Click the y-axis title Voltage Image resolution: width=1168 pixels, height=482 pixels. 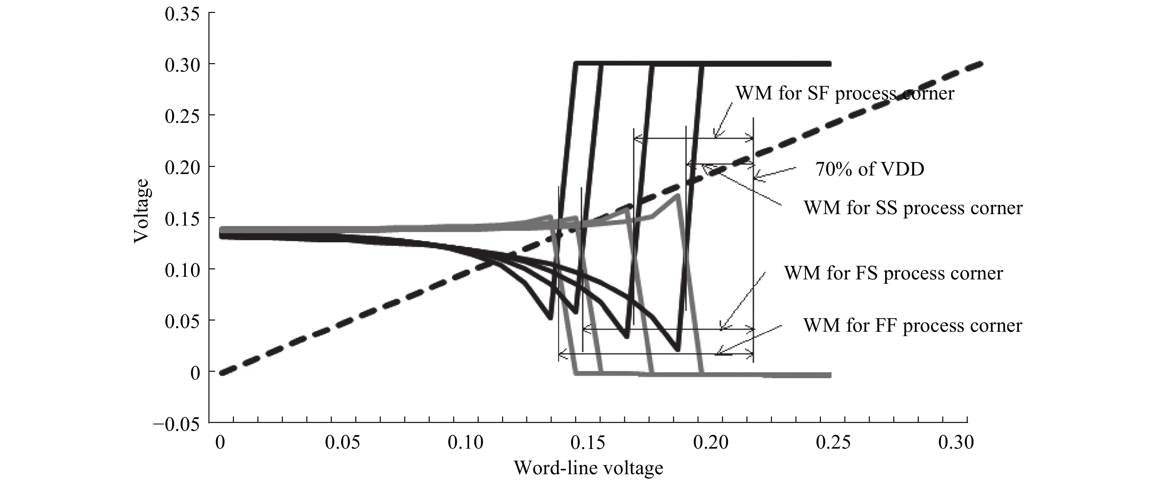142,211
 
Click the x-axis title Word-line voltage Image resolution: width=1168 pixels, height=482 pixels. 588,468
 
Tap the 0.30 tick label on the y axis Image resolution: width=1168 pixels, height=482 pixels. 182,65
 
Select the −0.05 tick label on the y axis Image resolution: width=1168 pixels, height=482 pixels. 177,425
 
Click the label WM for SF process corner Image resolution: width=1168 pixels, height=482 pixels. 845,94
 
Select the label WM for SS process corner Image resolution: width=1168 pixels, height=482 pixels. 913,208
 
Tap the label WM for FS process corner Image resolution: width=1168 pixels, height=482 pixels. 894,273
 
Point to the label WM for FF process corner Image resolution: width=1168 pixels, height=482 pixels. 913,325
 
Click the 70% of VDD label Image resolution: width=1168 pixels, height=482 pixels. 870,169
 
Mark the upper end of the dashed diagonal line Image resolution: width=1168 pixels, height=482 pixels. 981,64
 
